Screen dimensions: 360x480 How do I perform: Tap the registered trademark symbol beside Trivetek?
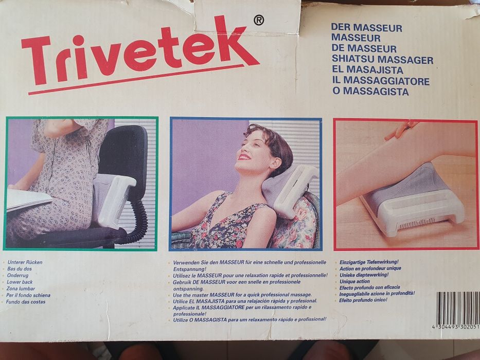tap(259, 20)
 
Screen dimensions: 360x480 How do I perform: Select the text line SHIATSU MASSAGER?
tap(382, 60)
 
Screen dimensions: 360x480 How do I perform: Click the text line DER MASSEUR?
tap(366, 27)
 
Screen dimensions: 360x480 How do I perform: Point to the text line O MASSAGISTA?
tap(370, 92)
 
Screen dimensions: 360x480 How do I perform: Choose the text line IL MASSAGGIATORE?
tap(380, 81)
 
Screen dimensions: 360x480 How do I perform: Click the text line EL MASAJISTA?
tap(367, 70)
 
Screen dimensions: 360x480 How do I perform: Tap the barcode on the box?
tap(457, 309)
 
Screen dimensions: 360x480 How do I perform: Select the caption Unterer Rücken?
tap(25, 262)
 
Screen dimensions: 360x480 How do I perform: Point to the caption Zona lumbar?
tap(22, 289)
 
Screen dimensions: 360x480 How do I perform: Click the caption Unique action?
tap(354, 281)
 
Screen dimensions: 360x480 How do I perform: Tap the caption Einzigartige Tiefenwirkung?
tap(369, 262)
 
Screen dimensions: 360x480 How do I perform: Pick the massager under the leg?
tap(412, 199)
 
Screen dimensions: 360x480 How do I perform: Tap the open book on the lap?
tap(28, 199)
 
